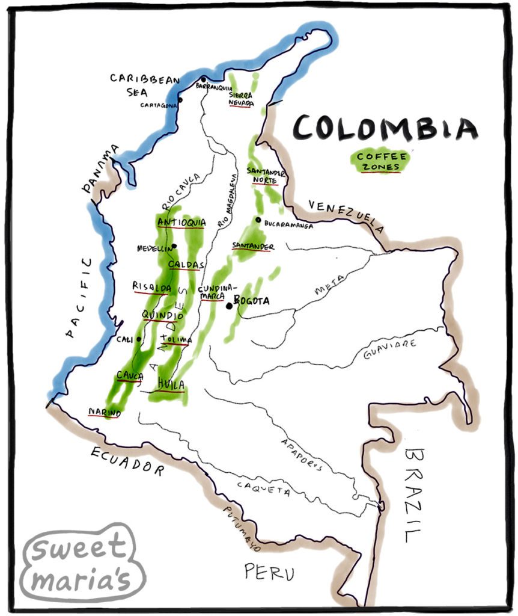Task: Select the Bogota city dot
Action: (x=228, y=306)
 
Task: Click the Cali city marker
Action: (x=139, y=339)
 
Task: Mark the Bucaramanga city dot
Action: (x=258, y=220)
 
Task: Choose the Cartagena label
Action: (x=159, y=105)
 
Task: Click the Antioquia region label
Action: (x=181, y=223)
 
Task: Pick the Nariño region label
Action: (x=105, y=411)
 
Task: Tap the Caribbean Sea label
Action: (x=136, y=85)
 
